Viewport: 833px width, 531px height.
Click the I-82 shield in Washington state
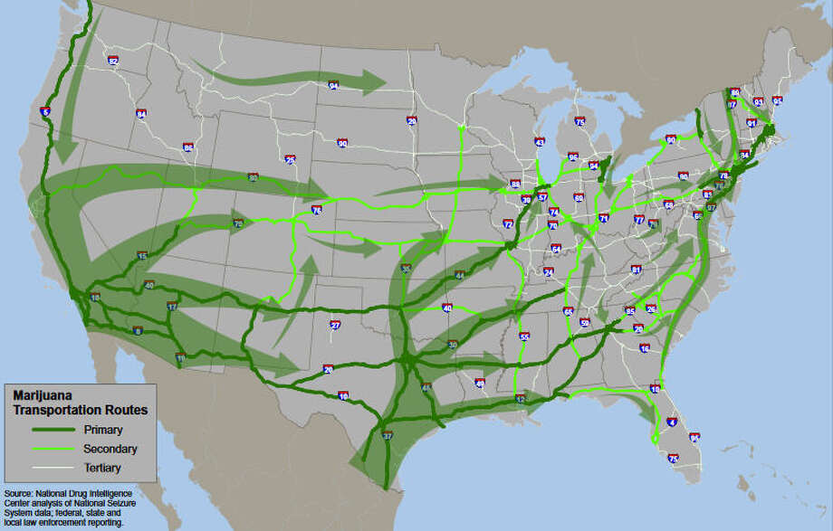click(x=113, y=61)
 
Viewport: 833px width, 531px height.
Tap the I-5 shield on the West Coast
click(x=46, y=112)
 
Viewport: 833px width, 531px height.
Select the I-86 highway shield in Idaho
click(x=188, y=147)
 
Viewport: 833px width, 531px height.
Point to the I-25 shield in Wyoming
click(x=290, y=160)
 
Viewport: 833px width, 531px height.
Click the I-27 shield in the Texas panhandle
click(x=335, y=325)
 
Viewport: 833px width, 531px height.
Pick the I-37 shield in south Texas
click(x=388, y=435)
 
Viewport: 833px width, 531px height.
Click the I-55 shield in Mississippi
click(x=524, y=337)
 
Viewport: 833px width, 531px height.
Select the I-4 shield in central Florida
click(x=671, y=422)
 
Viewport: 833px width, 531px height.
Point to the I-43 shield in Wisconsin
click(x=540, y=142)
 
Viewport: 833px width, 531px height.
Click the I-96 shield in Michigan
click(x=573, y=156)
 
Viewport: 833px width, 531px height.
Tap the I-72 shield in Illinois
click(x=508, y=223)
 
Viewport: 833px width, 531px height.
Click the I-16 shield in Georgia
click(x=644, y=347)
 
